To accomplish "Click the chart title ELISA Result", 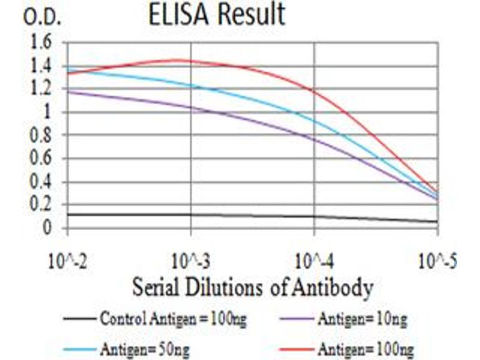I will point(217,15).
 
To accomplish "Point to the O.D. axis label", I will point(41,17).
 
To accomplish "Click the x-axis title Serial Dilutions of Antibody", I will point(253,288).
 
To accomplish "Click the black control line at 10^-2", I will point(68,214).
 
